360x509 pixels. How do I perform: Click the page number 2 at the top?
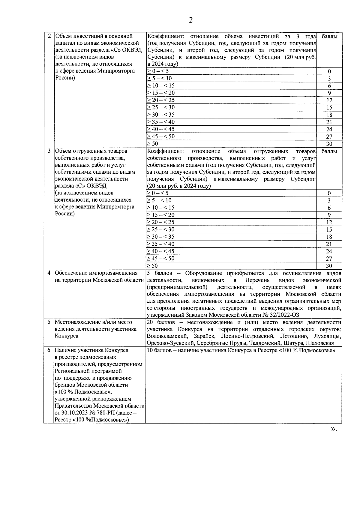point(190,20)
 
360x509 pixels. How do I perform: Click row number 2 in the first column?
point(49,36)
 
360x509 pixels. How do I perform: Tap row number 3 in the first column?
point(49,151)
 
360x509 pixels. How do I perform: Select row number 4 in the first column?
point(49,273)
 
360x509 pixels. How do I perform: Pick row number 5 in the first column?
point(49,322)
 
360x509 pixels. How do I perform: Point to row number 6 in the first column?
point(49,350)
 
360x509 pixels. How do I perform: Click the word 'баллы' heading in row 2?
point(329,37)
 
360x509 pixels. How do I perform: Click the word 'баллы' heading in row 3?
point(329,151)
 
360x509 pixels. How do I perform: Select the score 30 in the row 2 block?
point(329,144)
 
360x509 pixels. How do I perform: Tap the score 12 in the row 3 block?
point(329,223)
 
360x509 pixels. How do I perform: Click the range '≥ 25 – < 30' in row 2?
point(161,107)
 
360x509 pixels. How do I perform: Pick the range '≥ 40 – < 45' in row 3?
point(160,251)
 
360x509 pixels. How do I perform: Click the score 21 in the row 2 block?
point(329,122)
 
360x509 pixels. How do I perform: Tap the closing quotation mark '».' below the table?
point(334,430)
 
